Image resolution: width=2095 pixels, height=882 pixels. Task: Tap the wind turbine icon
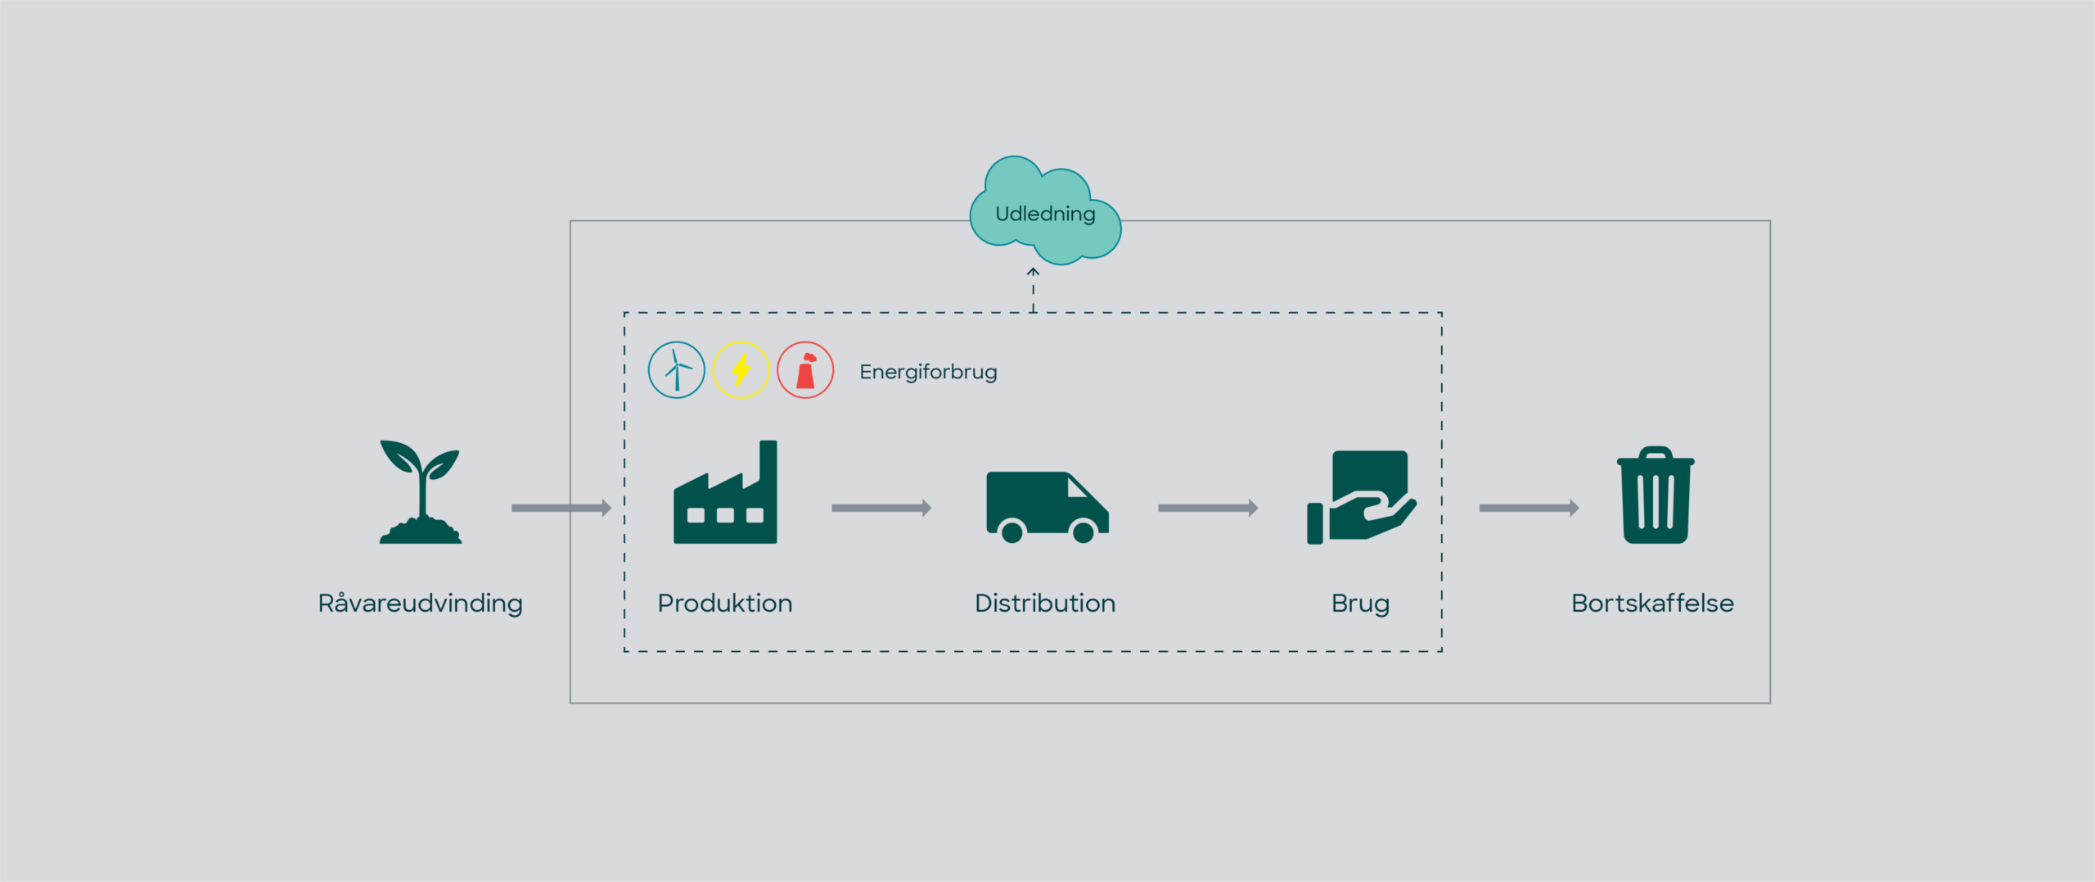676,370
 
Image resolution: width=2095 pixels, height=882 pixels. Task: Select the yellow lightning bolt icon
741,370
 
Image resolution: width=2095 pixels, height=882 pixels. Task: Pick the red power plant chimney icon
805,370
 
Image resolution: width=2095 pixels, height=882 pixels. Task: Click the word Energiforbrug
928,372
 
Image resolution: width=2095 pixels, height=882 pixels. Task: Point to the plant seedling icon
421,492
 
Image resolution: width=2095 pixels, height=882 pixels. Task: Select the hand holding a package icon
1361,497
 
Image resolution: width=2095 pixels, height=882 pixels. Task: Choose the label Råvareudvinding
420,604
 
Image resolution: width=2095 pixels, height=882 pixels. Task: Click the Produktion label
725,604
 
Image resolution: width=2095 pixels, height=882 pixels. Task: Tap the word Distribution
1045,604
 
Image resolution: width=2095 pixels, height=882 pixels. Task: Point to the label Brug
1360,604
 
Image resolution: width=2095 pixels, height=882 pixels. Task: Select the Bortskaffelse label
1652,604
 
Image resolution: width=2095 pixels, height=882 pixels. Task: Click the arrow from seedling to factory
561,508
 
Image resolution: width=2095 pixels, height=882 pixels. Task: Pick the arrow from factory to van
881,508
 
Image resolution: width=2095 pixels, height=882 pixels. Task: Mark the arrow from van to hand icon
1208,508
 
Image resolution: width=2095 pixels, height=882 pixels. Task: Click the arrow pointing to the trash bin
1529,508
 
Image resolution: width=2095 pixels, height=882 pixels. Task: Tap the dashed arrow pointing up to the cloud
1033,289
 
